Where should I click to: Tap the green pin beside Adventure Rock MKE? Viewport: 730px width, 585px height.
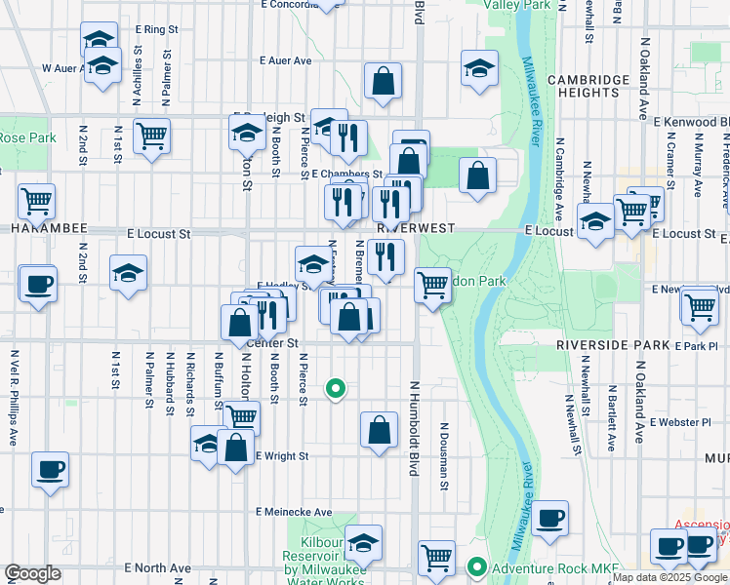pyautogui.click(x=477, y=566)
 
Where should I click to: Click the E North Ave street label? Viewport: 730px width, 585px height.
pyautogui.click(x=157, y=567)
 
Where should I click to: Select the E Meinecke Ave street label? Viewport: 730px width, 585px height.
pyautogui.click(x=294, y=512)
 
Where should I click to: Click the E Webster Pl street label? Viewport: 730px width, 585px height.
pyautogui.click(x=680, y=422)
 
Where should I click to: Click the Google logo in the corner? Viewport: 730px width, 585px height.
pyautogui.click(x=32, y=573)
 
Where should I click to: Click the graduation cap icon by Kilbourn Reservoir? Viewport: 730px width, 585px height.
pyautogui.click(x=363, y=542)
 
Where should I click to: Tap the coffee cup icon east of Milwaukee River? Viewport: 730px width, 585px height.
pyautogui.click(x=550, y=518)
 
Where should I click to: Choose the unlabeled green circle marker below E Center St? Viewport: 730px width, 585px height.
pyautogui.click(x=336, y=388)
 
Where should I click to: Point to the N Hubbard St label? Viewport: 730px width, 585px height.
pyautogui.click(x=169, y=383)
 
